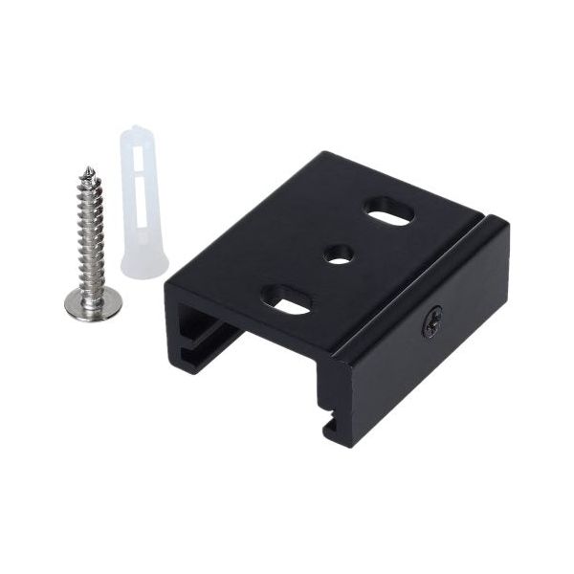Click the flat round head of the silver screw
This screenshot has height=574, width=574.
93,304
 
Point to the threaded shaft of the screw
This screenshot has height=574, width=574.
91,230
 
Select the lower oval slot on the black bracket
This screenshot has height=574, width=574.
287,300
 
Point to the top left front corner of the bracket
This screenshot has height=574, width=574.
166,281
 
